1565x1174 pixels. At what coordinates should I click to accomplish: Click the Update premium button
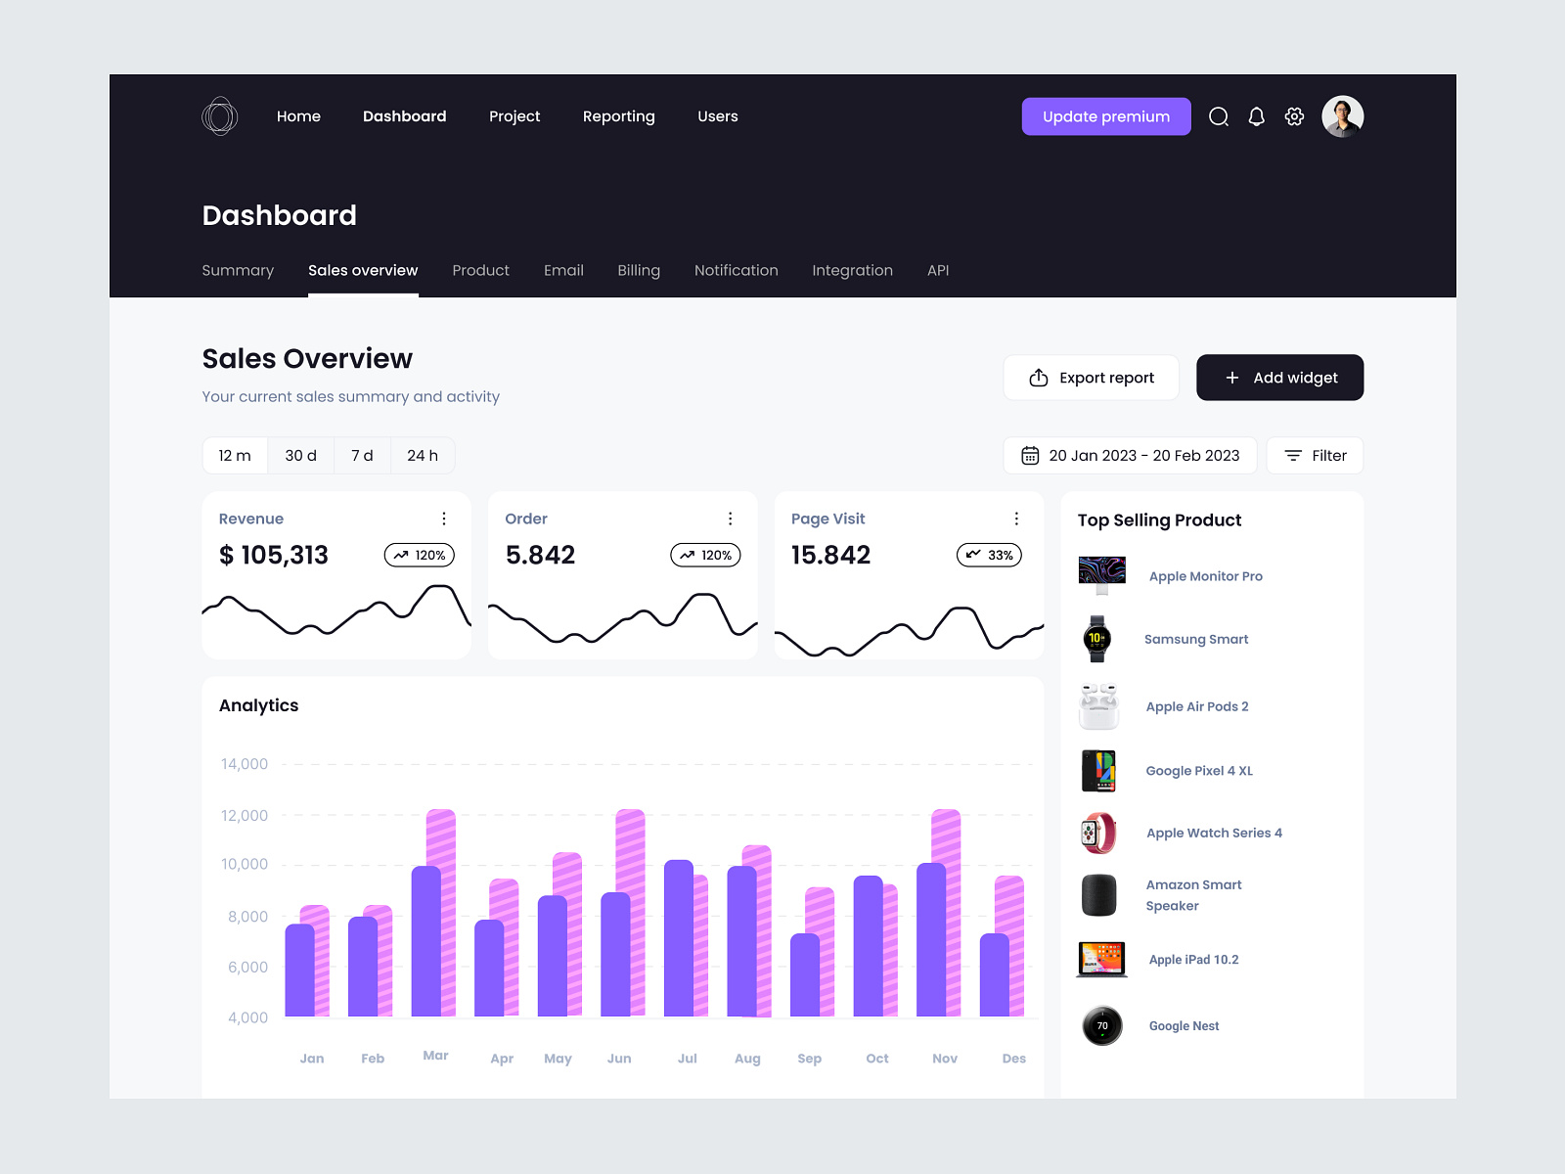tap(1105, 116)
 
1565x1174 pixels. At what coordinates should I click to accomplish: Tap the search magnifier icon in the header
tap(1218, 116)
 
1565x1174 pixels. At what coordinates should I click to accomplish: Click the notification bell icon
tap(1256, 116)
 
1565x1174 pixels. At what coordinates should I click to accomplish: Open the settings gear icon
tap(1294, 116)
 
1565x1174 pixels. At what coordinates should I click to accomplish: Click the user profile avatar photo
tap(1342, 116)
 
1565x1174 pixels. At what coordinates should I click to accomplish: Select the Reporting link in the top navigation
tap(618, 116)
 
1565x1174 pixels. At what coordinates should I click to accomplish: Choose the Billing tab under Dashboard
tap(639, 270)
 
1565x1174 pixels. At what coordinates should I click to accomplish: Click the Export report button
tap(1091, 378)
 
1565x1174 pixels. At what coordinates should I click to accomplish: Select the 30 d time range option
tap(300, 456)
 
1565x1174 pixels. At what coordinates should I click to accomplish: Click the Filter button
tap(1315, 456)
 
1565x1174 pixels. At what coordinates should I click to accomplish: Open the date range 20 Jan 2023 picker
tap(1130, 456)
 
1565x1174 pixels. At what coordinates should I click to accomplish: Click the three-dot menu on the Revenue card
tap(444, 519)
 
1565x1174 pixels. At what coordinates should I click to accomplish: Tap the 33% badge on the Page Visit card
tap(989, 555)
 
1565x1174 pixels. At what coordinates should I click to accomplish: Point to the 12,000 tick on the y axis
tap(245, 816)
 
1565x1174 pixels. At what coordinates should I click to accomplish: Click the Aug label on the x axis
tap(747, 1059)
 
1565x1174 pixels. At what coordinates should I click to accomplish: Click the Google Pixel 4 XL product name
tap(1199, 771)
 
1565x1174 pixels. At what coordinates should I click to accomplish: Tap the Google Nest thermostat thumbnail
tap(1102, 1026)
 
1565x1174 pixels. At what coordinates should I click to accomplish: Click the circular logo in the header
tap(220, 116)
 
